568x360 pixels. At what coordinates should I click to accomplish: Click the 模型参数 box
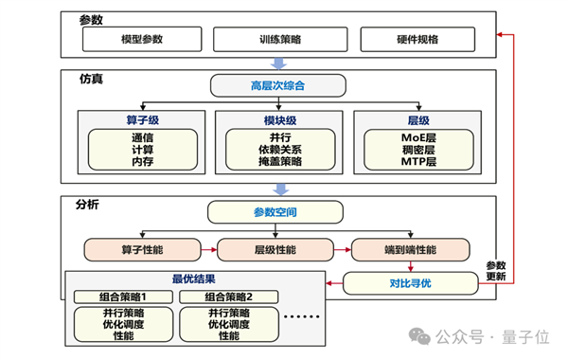point(142,40)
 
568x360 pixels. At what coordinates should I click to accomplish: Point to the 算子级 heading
point(142,120)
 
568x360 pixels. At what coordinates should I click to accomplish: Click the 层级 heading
point(417,120)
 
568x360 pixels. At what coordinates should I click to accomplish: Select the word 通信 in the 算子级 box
point(142,136)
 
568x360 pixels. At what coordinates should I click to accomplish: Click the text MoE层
point(417,136)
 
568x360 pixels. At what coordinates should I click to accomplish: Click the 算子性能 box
point(142,249)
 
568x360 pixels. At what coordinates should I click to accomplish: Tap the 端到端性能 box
point(410,249)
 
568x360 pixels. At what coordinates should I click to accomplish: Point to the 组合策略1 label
point(123,297)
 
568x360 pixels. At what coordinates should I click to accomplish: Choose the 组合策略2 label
point(229,297)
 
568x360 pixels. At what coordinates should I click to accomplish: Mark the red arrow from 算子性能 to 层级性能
point(209,249)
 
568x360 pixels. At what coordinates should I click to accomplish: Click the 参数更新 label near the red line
point(497,271)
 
